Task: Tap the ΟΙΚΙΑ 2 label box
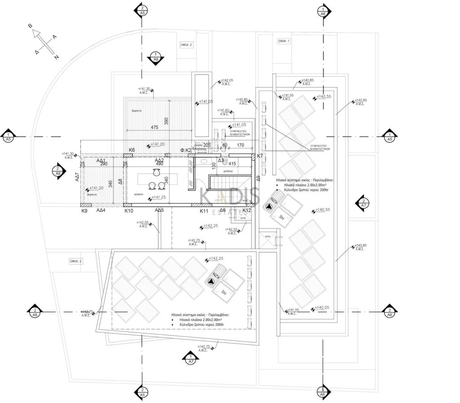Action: point(186,45)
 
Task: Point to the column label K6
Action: point(132,149)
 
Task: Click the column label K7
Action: point(260,156)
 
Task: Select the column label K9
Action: point(84,210)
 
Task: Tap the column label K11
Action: point(203,210)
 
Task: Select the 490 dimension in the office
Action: point(159,164)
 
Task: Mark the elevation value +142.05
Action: point(227,80)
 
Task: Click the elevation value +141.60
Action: point(223,110)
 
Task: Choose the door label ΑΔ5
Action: point(159,210)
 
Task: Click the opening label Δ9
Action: point(258,179)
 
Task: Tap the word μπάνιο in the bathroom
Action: point(227,171)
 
